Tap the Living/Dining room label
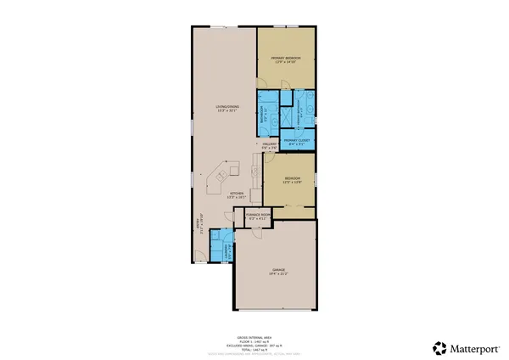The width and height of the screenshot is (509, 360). pyautogui.click(x=224, y=105)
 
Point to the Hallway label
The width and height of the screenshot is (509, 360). pyautogui.click(x=270, y=145)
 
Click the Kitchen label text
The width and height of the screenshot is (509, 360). pyautogui.click(x=237, y=193)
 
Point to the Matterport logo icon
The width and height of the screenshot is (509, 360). pyautogui.click(x=439, y=347)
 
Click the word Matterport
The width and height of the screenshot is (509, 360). pyautogui.click(x=473, y=347)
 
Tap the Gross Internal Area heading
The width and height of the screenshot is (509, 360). pyautogui.click(x=255, y=335)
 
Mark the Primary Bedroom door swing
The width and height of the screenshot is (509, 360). pyautogui.click(x=287, y=82)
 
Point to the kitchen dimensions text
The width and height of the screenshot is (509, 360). pyautogui.click(x=237, y=197)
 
